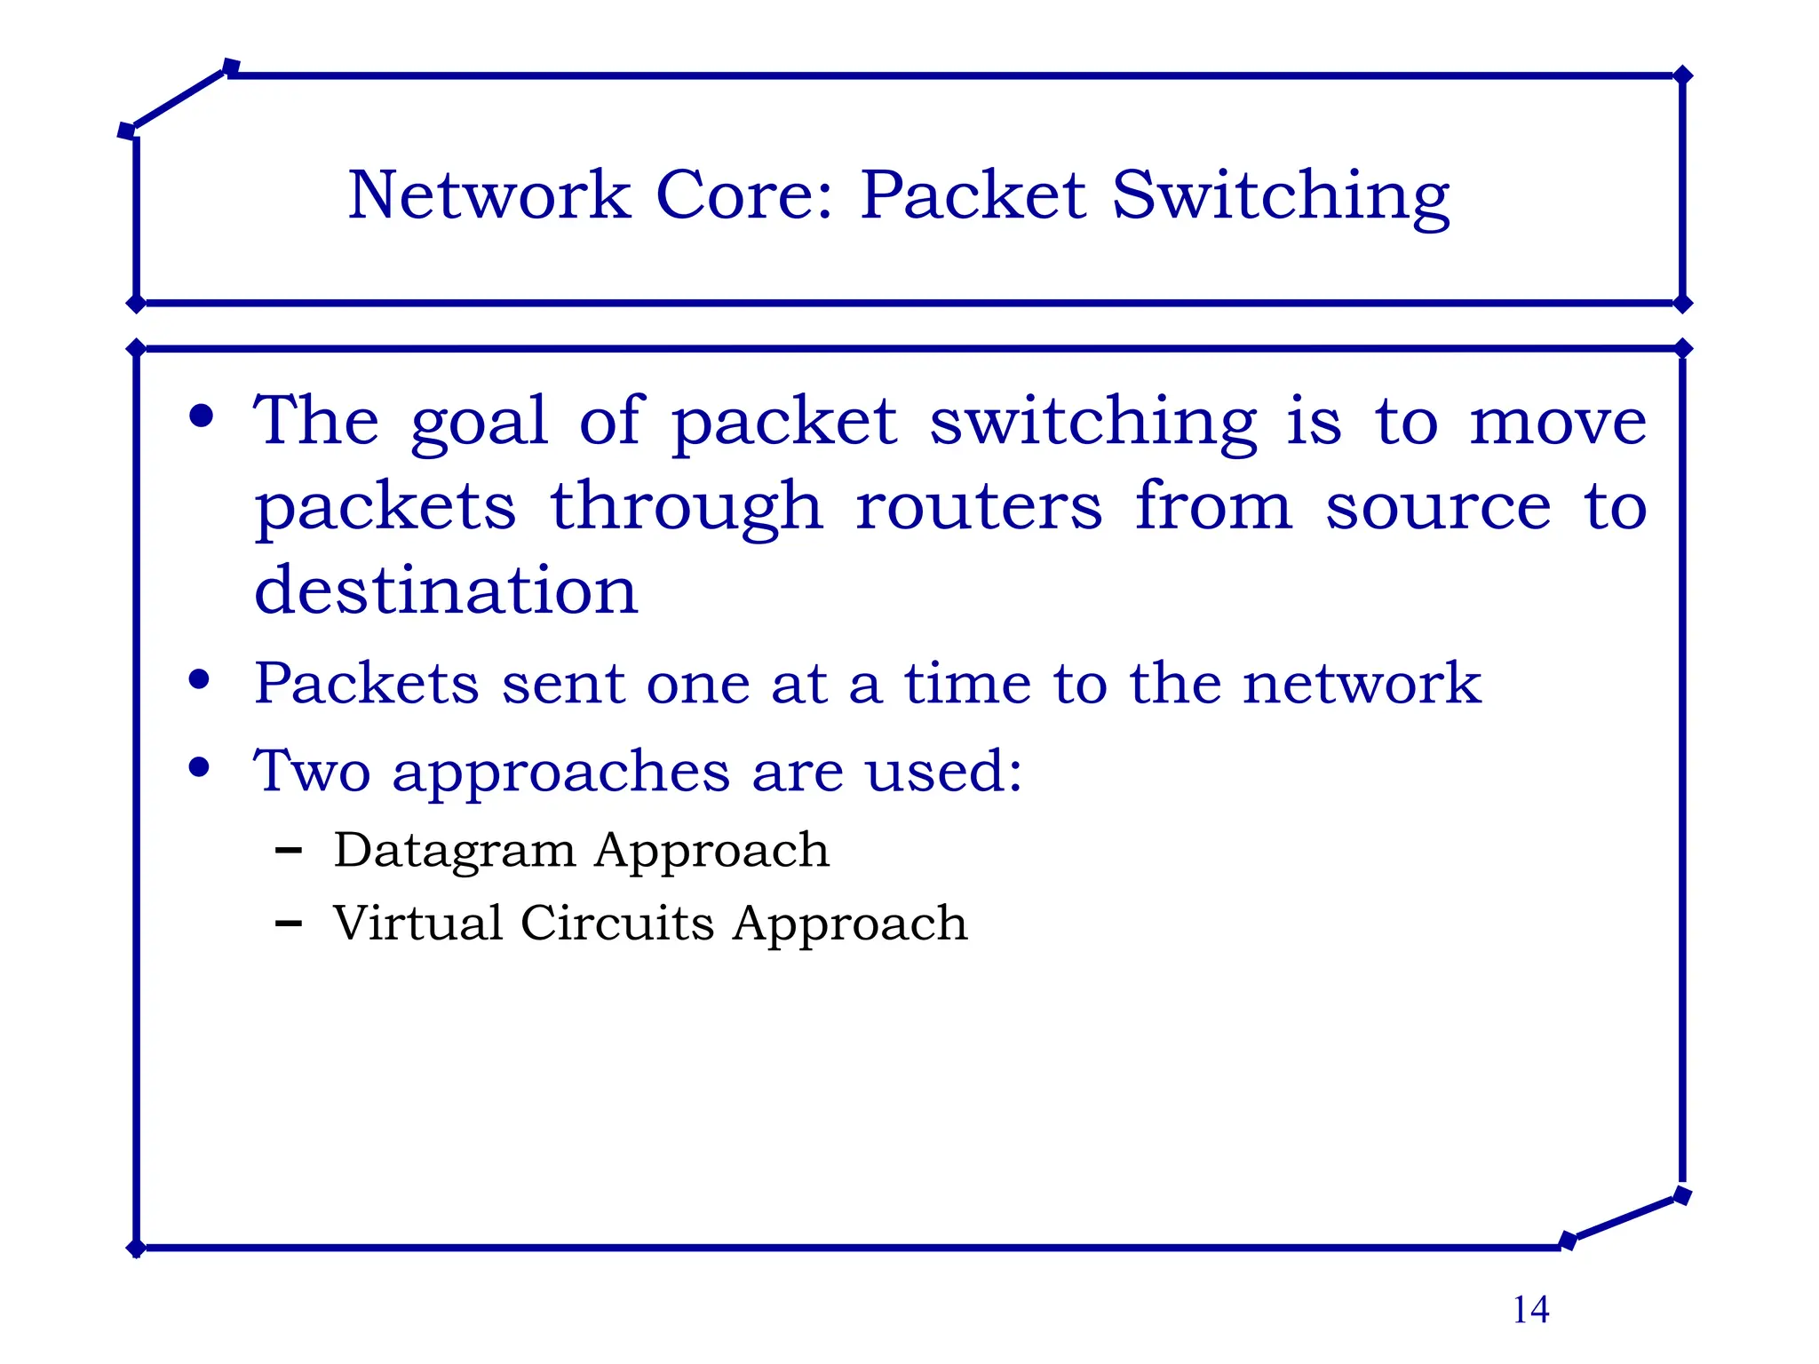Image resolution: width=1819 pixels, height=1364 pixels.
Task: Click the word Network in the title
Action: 489,195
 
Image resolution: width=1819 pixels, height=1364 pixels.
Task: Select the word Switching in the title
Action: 1280,197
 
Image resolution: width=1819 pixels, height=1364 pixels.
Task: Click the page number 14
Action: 1530,1310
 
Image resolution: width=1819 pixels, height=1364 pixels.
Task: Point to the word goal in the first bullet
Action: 479,424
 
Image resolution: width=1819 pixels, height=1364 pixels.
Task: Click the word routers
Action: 979,508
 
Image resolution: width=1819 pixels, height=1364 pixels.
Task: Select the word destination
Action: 446,591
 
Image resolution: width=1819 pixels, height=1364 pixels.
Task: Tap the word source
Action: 1438,508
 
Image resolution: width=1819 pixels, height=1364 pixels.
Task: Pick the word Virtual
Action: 417,924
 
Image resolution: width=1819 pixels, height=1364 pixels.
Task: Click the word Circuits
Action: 617,924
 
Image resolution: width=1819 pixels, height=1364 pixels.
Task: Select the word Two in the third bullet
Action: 312,771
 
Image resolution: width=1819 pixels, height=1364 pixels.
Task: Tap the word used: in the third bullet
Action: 944,771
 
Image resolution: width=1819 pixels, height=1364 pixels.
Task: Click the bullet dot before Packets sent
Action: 200,681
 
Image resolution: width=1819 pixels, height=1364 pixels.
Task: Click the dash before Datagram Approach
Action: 288,851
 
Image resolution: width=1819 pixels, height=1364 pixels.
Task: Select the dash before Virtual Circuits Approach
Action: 288,924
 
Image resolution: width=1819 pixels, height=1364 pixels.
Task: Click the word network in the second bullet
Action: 1362,684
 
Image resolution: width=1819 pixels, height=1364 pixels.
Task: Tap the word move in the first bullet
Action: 1558,423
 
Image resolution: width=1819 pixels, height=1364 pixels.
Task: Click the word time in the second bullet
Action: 968,684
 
